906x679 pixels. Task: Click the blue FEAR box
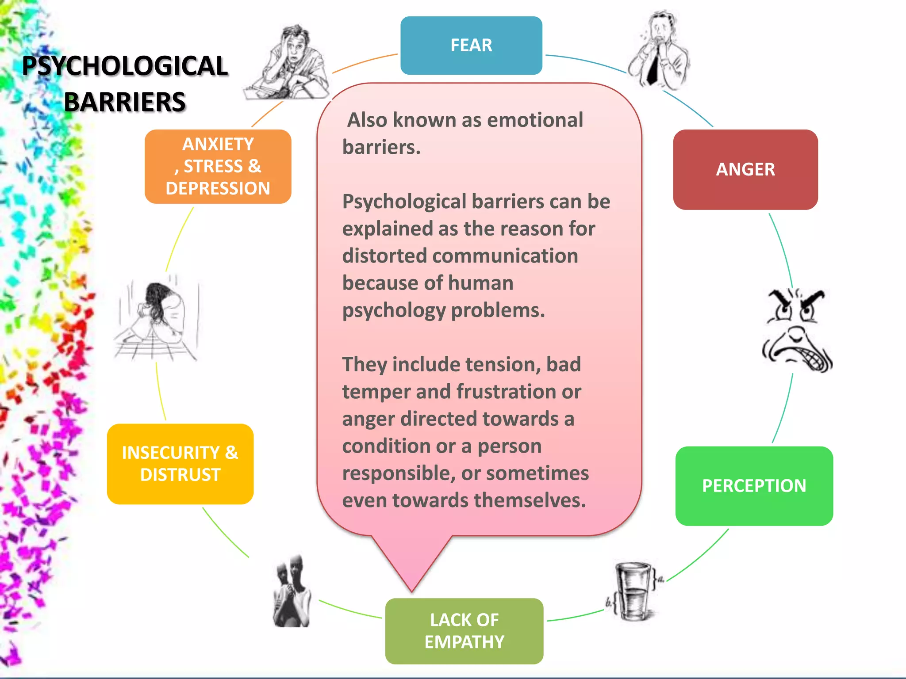471,46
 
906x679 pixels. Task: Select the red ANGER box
745,170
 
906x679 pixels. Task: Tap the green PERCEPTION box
754,486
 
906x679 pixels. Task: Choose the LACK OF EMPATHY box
464,631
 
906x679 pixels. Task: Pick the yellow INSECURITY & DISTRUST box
180,464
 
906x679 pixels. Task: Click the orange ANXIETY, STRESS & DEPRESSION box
218,167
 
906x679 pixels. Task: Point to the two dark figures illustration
292,591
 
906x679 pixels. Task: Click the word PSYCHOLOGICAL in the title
125,66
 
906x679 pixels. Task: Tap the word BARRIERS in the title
125,102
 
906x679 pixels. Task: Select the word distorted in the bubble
384,256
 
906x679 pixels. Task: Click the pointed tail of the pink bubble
411,591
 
